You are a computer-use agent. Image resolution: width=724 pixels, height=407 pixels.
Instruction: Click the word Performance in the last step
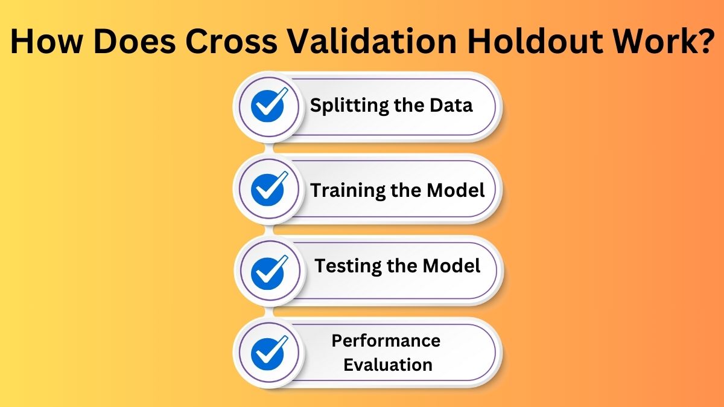pos(386,341)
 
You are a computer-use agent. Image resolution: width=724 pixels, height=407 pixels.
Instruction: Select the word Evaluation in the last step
pos(389,365)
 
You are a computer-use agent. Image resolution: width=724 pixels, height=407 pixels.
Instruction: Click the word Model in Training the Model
pos(456,190)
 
